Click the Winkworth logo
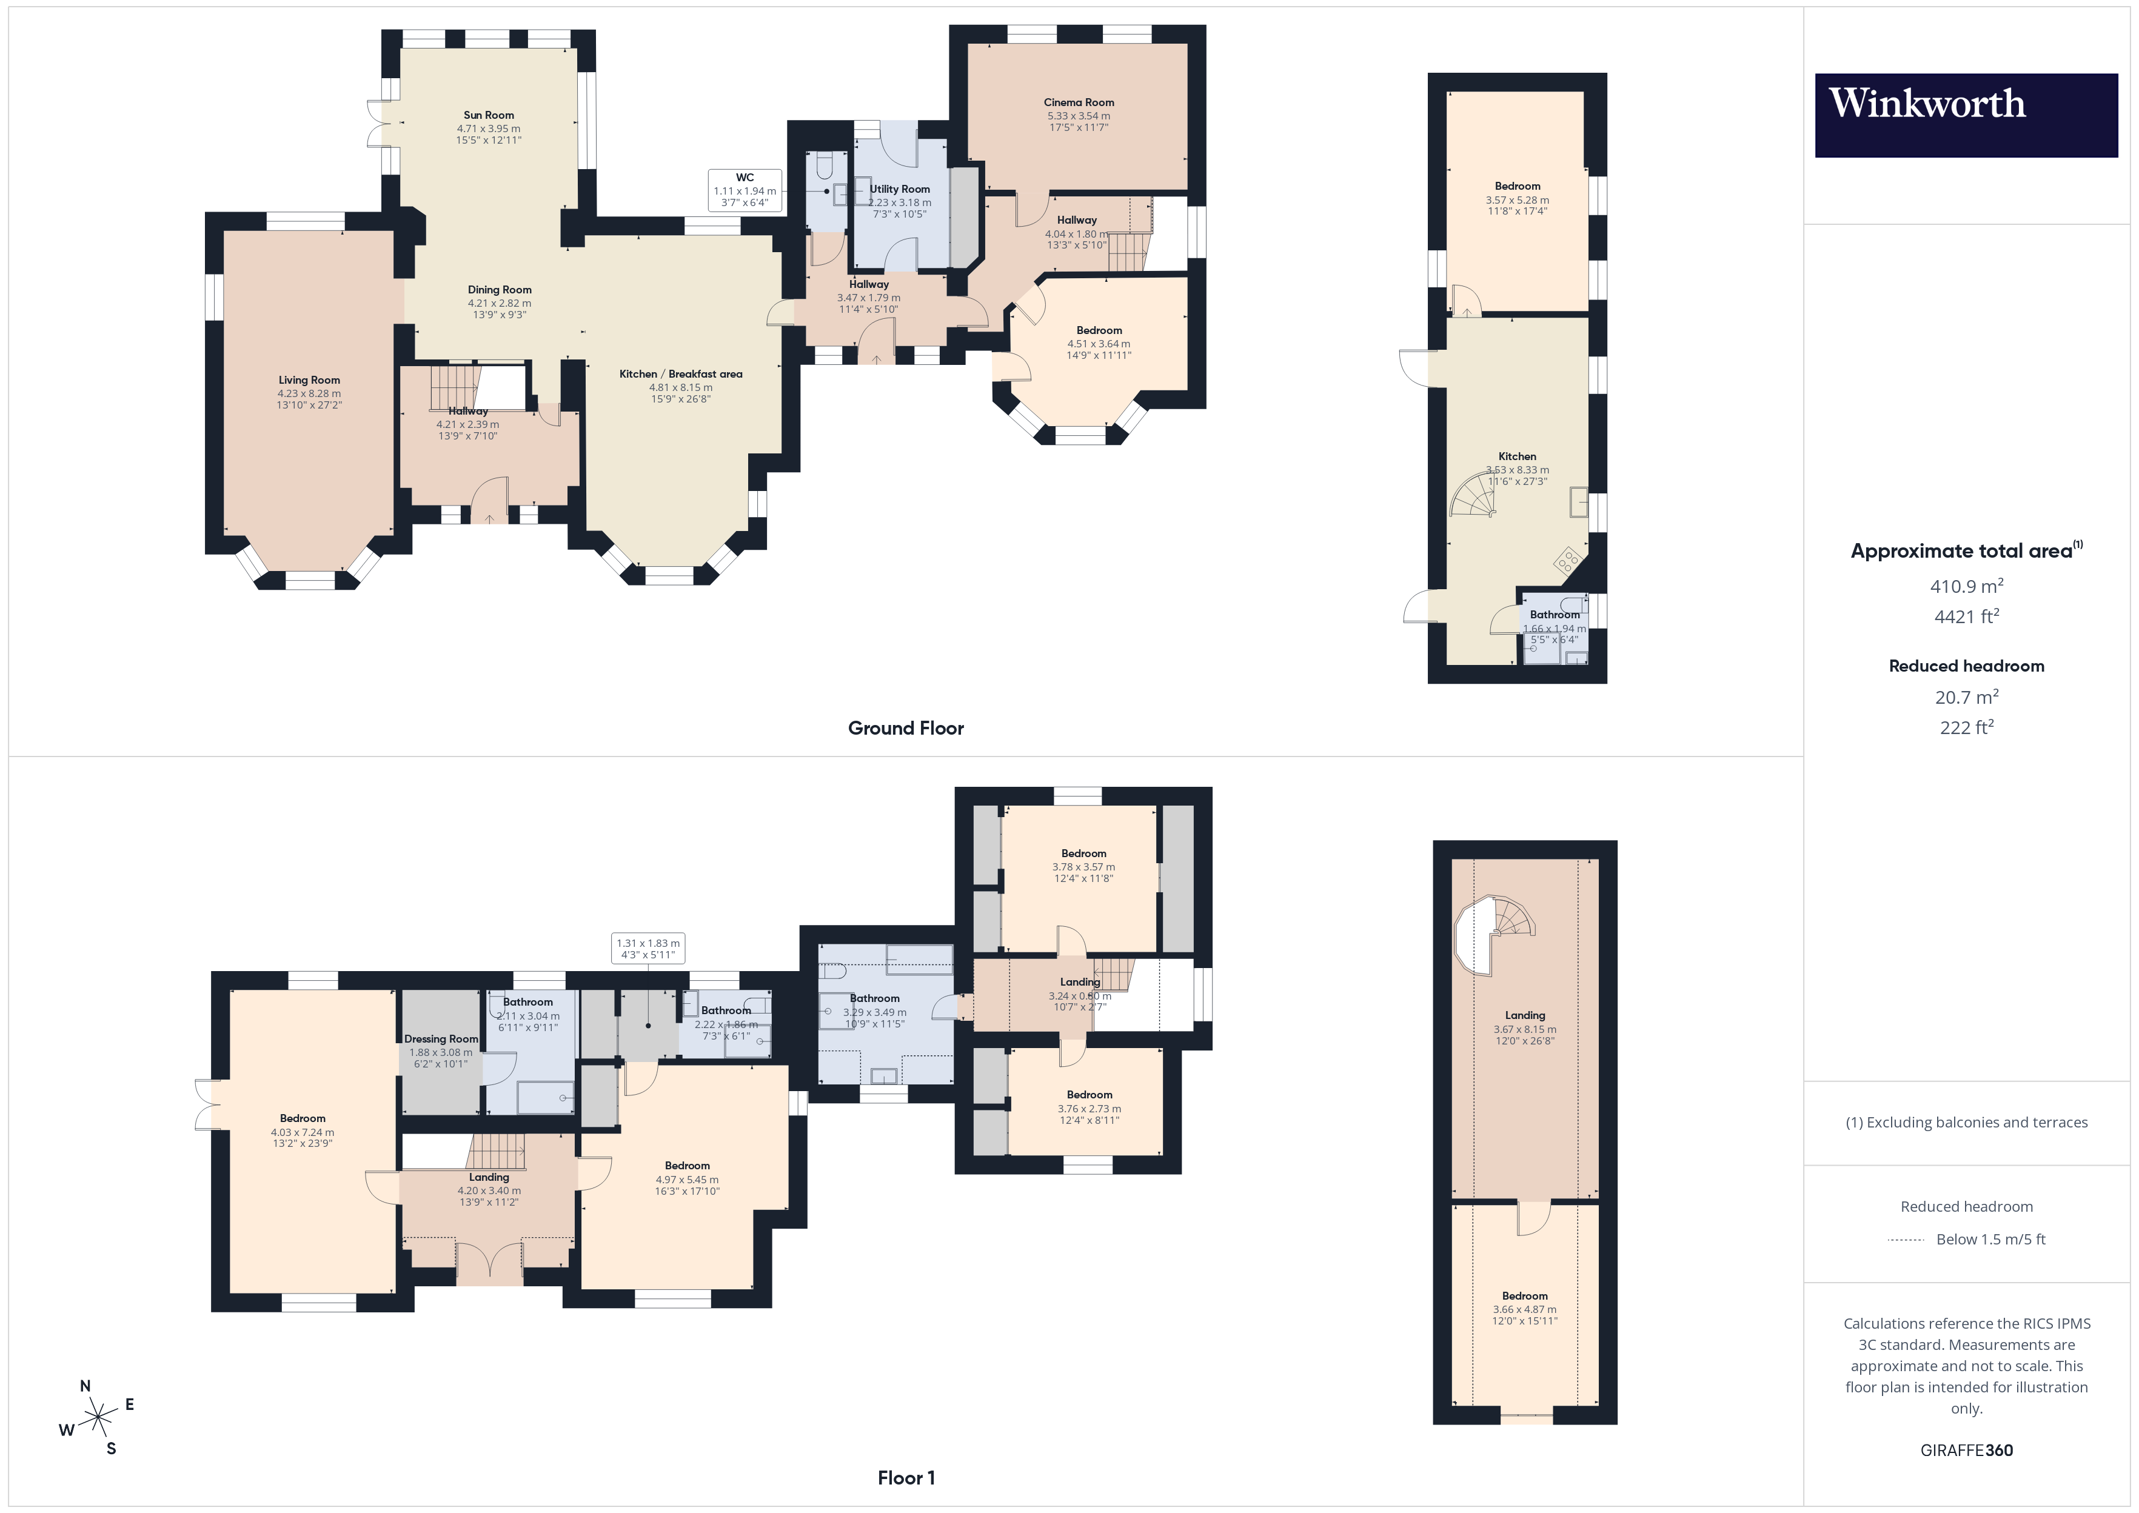coord(1965,115)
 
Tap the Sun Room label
coord(488,116)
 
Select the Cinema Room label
coord(1078,102)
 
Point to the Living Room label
coord(309,380)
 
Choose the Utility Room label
coord(899,189)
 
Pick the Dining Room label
coord(500,290)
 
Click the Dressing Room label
coord(441,1039)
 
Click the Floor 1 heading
coord(906,1478)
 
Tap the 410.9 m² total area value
coord(1966,586)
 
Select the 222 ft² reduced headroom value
coord(1966,727)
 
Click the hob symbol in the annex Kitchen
coord(1568,560)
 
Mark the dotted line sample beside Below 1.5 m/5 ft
coord(1905,1240)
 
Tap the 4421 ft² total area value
coord(1966,616)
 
